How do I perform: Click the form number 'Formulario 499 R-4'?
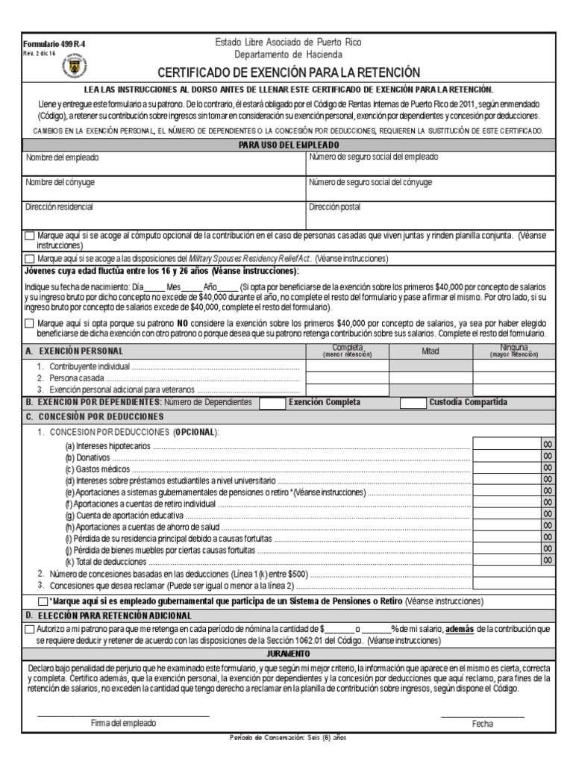(x=54, y=44)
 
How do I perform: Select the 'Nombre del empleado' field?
(x=164, y=163)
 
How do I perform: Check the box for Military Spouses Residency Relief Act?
(x=29, y=259)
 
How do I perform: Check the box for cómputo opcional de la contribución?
(x=29, y=236)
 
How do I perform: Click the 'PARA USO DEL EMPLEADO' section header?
(x=288, y=144)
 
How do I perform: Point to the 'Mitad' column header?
(x=430, y=351)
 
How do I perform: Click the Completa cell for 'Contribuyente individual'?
(x=347, y=366)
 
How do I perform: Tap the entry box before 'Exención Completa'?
(x=271, y=403)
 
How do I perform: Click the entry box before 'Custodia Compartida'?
(x=413, y=403)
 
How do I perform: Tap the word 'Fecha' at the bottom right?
(x=482, y=724)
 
